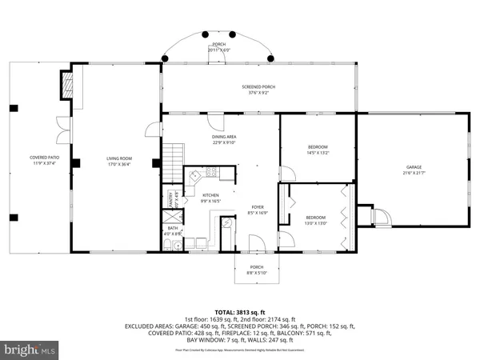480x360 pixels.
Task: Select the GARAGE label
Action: [x=413, y=170]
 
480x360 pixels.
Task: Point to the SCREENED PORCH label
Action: [x=258, y=89]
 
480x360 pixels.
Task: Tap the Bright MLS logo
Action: [x=30, y=350]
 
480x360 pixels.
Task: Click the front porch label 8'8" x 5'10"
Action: [x=256, y=270]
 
